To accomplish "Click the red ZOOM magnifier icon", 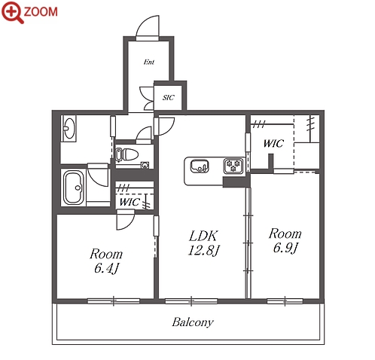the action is pos(12,13).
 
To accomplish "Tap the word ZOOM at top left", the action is pos(41,12).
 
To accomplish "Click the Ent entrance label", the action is pos(149,62).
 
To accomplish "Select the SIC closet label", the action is pos(168,97).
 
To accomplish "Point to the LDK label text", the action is pos(203,236).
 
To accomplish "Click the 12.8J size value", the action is pos(203,250).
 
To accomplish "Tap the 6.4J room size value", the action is pos(106,268).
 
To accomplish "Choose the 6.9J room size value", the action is pos(285,249).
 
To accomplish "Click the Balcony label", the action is pos(193,322).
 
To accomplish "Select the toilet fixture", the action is pos(127,154).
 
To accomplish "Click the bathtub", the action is pos(73,187).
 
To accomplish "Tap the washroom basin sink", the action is pos(69,128).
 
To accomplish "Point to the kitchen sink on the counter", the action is pos(200,166).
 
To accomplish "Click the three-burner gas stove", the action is pos(233,166).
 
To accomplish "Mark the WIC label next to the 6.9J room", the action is pos(273,143).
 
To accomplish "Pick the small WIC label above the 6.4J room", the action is pos(130,202).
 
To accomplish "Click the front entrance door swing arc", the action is pos(146,23).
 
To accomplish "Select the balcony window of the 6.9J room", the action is pos(285,301).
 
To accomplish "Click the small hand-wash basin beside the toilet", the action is pos(145,165).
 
